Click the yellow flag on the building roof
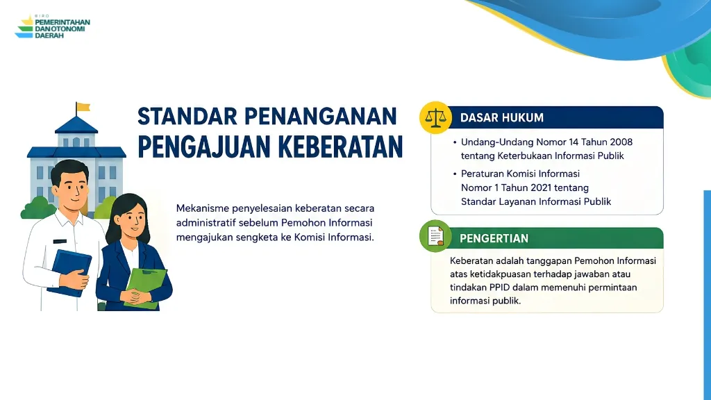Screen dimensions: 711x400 [83, 107]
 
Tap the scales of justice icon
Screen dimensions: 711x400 [436, 117]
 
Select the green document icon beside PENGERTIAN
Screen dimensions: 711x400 [436, 236]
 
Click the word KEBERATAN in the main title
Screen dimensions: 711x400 [340, 147]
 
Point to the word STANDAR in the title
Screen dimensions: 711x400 [187, 116]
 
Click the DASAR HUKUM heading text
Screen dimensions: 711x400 [501, 118]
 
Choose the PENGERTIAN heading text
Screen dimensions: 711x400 [494, 239]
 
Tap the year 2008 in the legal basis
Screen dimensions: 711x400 [621, 142]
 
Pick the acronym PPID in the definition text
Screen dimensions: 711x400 [500, 287]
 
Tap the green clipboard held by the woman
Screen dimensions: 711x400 [145, 288]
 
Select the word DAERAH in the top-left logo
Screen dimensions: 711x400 [49, 35]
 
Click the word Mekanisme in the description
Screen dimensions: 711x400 [202, 208]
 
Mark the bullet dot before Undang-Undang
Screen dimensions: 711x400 [454, 142]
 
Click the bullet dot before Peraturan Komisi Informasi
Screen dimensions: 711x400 [454, 174]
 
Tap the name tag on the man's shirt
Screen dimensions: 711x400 [60, 241]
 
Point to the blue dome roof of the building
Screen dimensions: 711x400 [76, 125]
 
